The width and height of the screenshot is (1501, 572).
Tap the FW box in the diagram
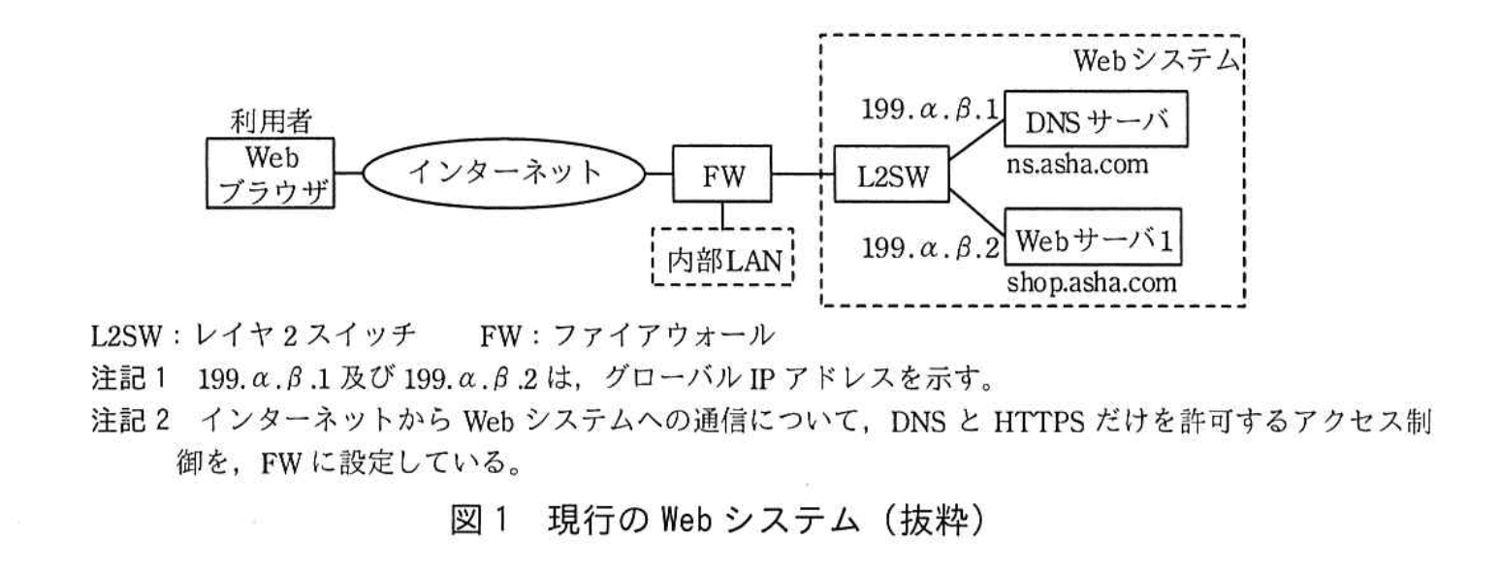(722, 175)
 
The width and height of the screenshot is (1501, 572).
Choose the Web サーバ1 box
(1095, 237)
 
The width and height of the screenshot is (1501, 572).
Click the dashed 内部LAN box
(722, 259)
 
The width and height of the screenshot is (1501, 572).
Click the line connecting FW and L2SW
(801, 175)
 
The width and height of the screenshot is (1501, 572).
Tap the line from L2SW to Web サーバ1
(974, 206)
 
